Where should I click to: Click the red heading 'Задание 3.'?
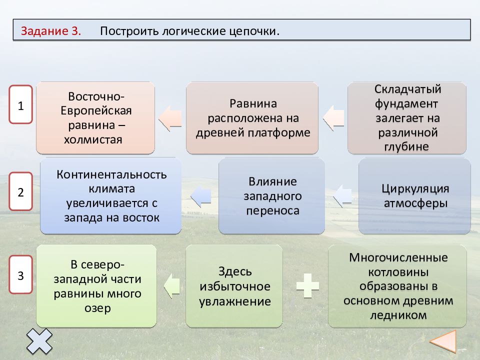tap(51, 31)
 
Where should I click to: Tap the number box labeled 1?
tap(21, 104)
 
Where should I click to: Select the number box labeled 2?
tap(21, 191)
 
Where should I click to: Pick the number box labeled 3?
tap(21, 274)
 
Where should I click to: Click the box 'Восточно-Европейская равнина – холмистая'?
tap(95, 118)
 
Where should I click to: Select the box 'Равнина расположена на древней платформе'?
tap(252, 118)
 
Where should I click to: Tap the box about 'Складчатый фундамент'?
tap(407, 118)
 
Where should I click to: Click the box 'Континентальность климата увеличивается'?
tap(111, 196)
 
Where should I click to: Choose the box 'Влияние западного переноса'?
tap(272, 196)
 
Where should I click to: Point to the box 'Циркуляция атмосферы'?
tap(415, 196)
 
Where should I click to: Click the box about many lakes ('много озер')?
tap(96, 286)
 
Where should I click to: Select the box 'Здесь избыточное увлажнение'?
tap(234, 286)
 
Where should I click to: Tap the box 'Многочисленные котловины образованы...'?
tap(397, 286)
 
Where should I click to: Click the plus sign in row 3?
tap(307, 285)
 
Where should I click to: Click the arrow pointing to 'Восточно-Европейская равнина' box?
tap(170, 118)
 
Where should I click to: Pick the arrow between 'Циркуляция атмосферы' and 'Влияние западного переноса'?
tap(342, 196)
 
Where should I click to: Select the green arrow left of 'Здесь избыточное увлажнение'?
tap(171, 286)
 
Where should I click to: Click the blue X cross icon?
tap(39, 341)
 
